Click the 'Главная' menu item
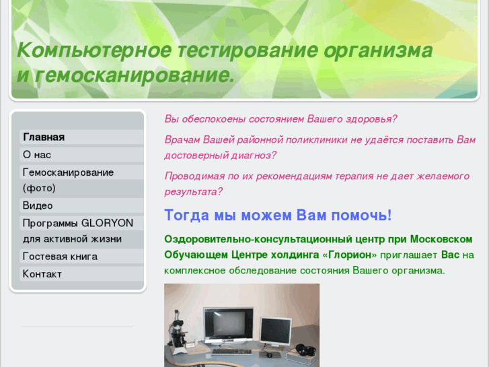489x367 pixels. tap(44, 137)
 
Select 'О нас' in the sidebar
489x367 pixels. tap(37, 155)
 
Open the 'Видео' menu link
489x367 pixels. tap(38, 205)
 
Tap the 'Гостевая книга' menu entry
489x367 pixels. tap(60, 257)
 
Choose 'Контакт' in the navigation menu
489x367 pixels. tap(42, 274)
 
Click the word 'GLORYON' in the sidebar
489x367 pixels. tap(107, 223)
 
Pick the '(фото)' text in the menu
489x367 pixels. tap(39, 189)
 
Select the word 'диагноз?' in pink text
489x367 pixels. tap(255, 156)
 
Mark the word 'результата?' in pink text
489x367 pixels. tap(193, 192)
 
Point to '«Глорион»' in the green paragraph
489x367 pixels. tap(350, 255)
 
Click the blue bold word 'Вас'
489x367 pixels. tap(451, 255)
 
